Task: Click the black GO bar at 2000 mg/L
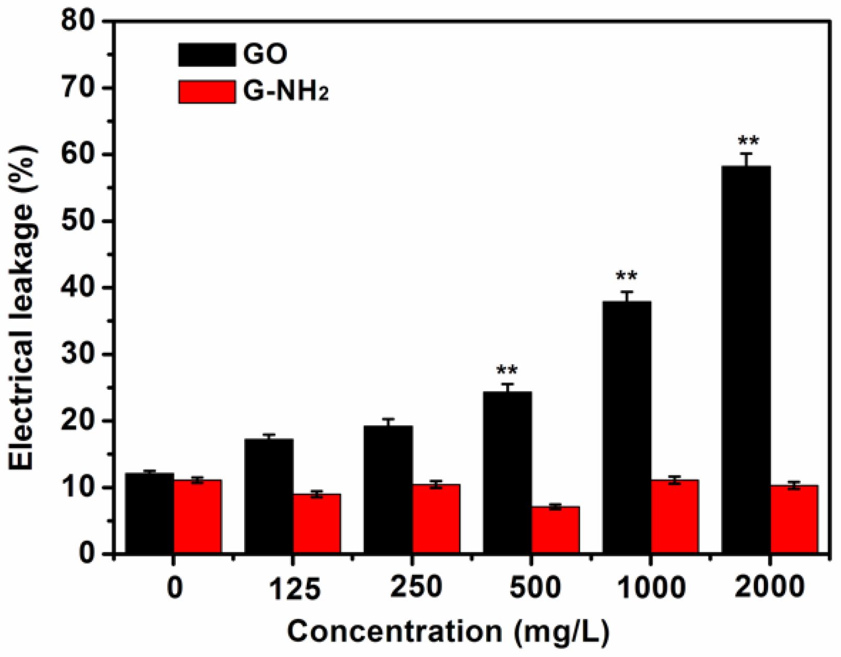[746, 360]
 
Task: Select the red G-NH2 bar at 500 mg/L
[555, 530]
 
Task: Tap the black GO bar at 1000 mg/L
[627, 428]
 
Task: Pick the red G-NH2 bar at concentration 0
[197, 517]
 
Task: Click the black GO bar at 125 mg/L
[269, 496]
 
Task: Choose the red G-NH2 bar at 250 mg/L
[436, 519]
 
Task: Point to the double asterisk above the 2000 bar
[748, 141]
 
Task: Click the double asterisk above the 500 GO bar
[507, 371]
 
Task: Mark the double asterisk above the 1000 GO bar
[626, 276]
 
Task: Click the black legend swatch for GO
[207, 54]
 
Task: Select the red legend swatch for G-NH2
[207, 92]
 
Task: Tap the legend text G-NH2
[285, 92]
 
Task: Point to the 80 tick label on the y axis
[78, 21]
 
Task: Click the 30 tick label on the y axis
[78, 354]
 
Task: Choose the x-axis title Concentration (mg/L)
[448, 632]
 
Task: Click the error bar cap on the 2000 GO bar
[746, 153]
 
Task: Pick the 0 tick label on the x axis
[175, 588]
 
